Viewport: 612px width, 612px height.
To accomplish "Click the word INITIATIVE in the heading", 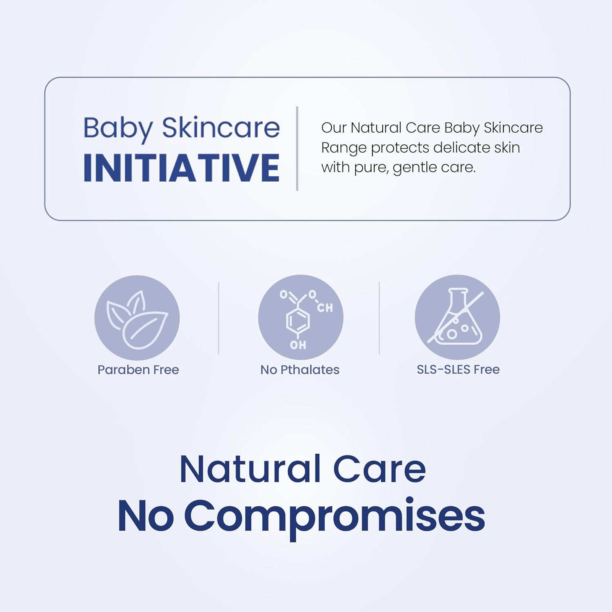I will [x=181, y=168].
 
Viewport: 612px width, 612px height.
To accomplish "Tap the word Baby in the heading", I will [x=118, y=129].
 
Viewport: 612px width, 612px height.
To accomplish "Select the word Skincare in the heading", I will [x=221, y=128].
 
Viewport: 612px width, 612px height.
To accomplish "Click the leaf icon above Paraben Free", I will [x=137, y=318].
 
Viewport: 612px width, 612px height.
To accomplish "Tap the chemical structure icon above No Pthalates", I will [x=301, y=317].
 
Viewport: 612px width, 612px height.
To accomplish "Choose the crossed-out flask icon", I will [x=457, y=317].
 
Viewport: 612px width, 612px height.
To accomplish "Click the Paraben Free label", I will [x=138, y=370].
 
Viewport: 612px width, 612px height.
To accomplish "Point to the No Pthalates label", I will [x=300, y=370].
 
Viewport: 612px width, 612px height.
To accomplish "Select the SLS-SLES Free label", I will [x=458, y=369].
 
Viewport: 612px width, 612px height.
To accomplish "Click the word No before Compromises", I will [x=145, y=516].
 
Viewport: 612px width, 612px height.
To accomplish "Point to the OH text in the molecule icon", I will [x=298, y=345].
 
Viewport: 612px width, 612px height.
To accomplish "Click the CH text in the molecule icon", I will [x=325, y=308].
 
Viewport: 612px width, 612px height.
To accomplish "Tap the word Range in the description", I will [x=344, y=148].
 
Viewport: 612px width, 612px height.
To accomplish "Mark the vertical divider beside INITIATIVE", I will [x=297, y=149].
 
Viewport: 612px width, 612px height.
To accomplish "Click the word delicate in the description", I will [x=461, y=147].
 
